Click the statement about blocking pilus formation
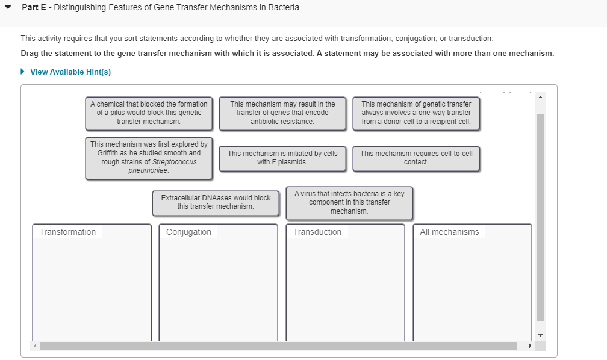click(149, 113)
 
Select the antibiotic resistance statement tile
click(282, 113)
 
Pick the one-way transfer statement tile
click(416, 113)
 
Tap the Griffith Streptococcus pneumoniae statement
click(149, 158)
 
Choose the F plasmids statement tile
click(282, 158)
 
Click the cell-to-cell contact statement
click(416, 158)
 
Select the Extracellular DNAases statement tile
click(216, 202)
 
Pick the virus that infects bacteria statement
click(349, 202)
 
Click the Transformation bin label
click(67, 232)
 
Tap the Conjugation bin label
click(188, 232)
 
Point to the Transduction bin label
click(317, 232)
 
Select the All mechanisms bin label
click(449, 232)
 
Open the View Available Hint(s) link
click(70, 72)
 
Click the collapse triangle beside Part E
click(9, 8)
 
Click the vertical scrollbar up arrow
click(540, 97)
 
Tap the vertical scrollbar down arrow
click(540, 335)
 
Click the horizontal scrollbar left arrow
click(35, 346)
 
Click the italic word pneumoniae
click(149, 170)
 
